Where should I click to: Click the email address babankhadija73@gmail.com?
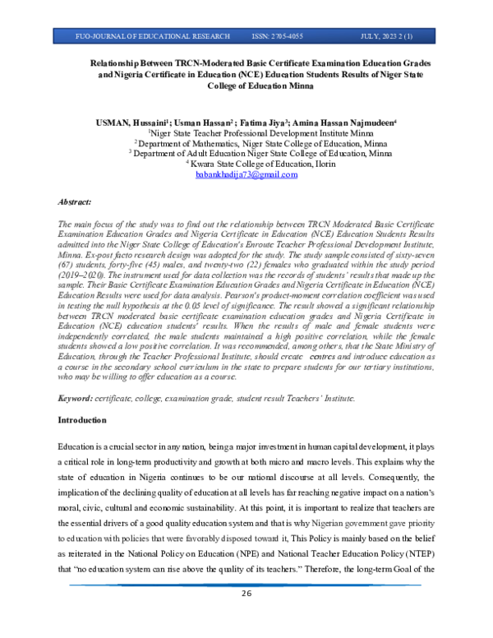246,176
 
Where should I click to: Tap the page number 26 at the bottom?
246,618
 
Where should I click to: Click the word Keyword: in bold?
76,398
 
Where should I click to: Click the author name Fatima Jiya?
256,121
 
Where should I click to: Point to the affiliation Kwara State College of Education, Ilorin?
248,164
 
